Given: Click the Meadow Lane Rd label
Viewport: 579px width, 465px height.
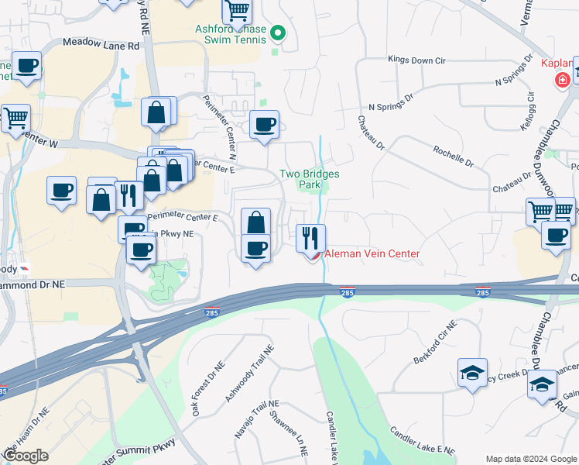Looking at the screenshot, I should [x=101, y=46].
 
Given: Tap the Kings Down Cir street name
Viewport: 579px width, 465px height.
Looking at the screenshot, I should [x=419, y=59].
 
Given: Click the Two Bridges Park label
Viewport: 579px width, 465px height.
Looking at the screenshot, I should [x=309, y=179].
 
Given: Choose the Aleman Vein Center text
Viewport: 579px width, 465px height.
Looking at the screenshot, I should [x=372, y=254].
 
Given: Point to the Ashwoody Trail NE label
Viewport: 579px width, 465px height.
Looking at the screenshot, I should [x=249, y=373].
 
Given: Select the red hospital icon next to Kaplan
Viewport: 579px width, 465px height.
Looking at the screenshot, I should [x=561, y=78].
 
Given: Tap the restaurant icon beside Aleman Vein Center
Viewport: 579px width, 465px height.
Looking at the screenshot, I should [x=311, y=236].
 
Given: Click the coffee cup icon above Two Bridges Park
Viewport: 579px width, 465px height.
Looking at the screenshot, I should [x=265, y=125].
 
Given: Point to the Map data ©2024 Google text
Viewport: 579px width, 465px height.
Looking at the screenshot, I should [x=531, y=459].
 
